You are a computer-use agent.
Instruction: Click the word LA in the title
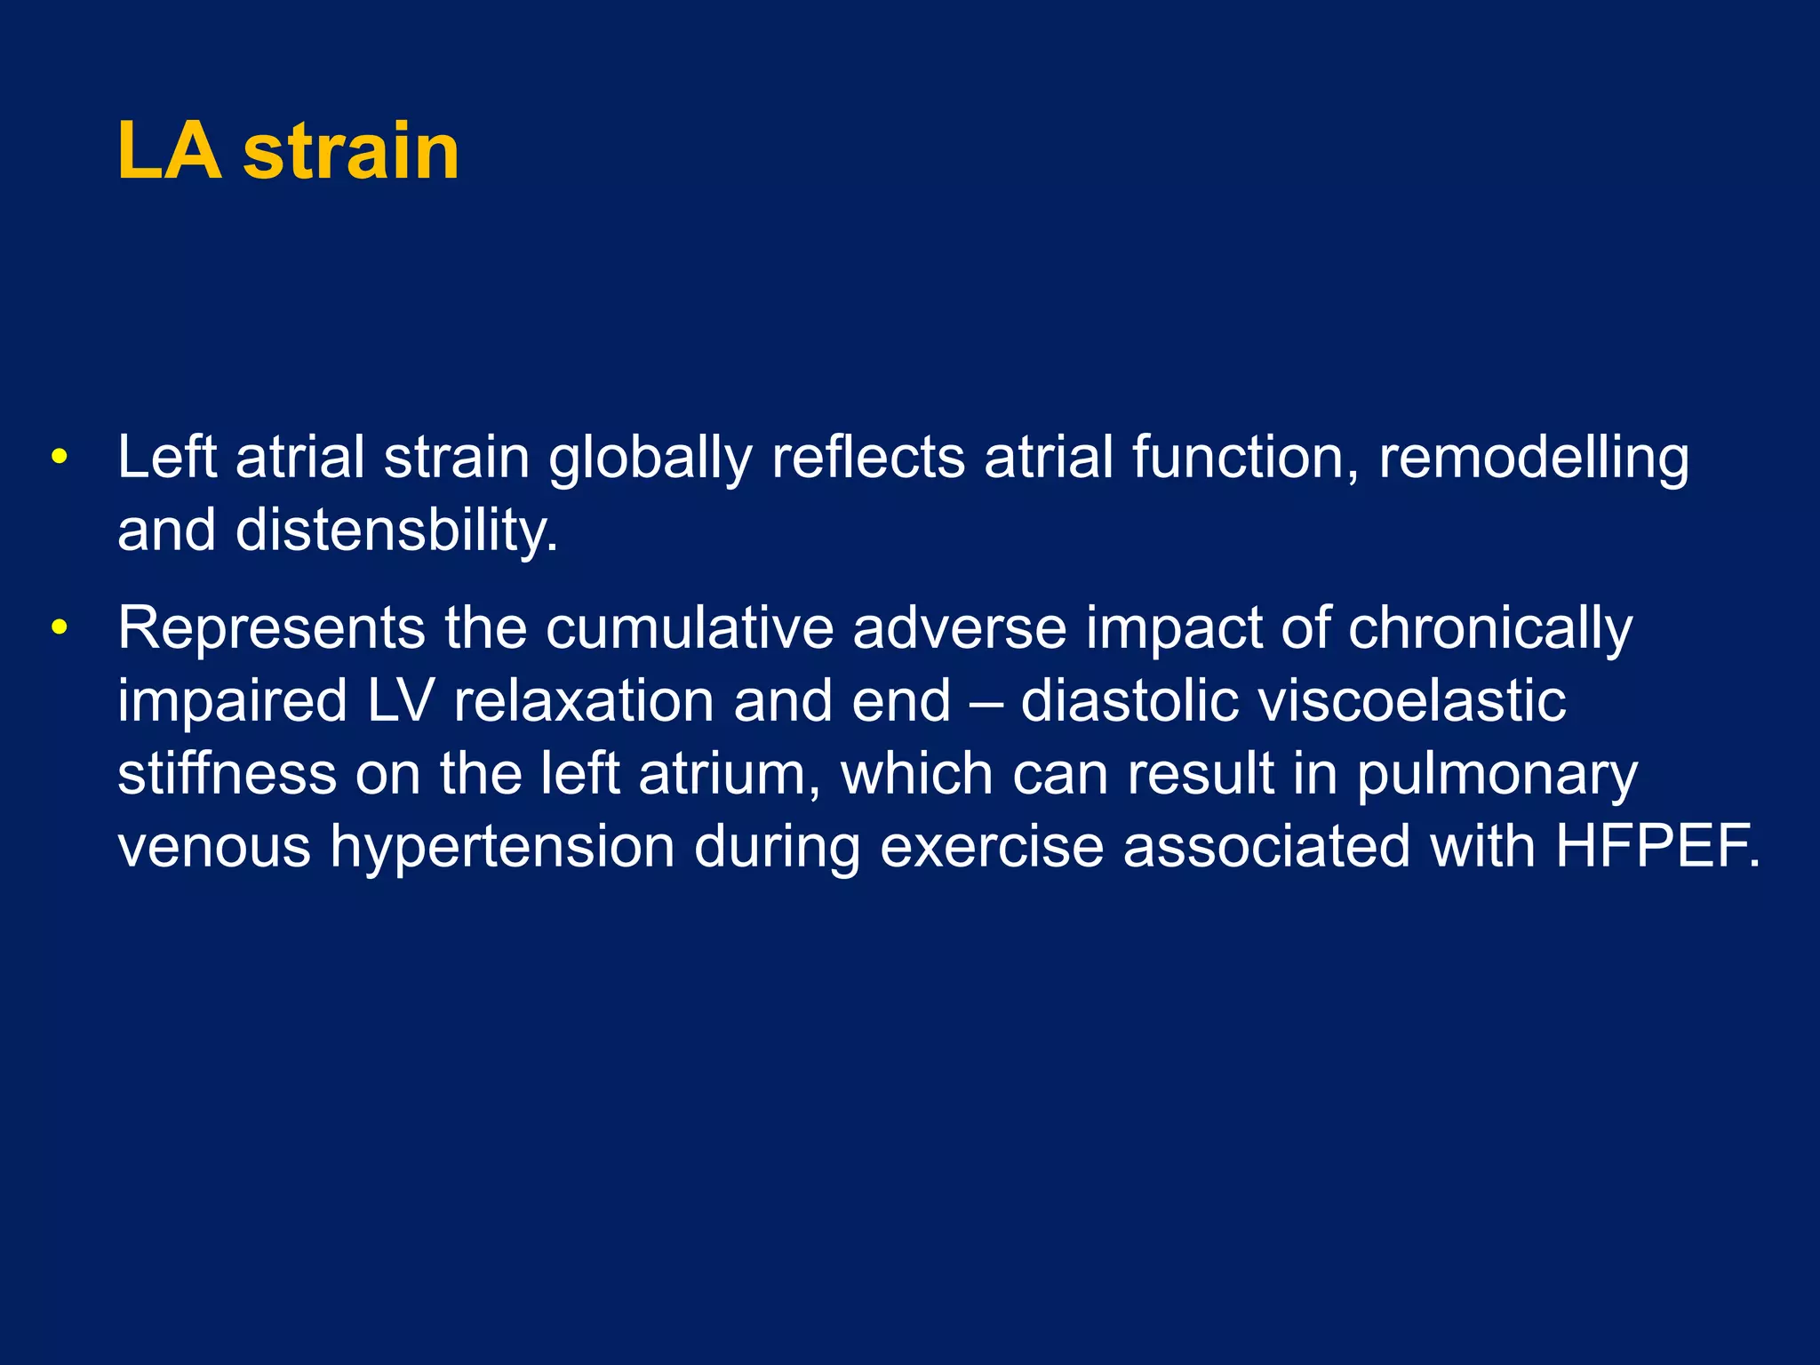[x=169, y=151]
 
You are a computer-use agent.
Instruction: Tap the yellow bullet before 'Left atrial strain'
[x=60, y=458]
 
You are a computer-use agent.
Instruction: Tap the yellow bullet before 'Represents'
[x=60, y=627]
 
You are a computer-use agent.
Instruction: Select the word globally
[x=650, y=459]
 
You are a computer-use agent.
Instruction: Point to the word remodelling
[x=1533, y=459]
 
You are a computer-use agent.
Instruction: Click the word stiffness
[x=227, y=774]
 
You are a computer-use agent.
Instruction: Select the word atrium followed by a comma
[x=729, y=774]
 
